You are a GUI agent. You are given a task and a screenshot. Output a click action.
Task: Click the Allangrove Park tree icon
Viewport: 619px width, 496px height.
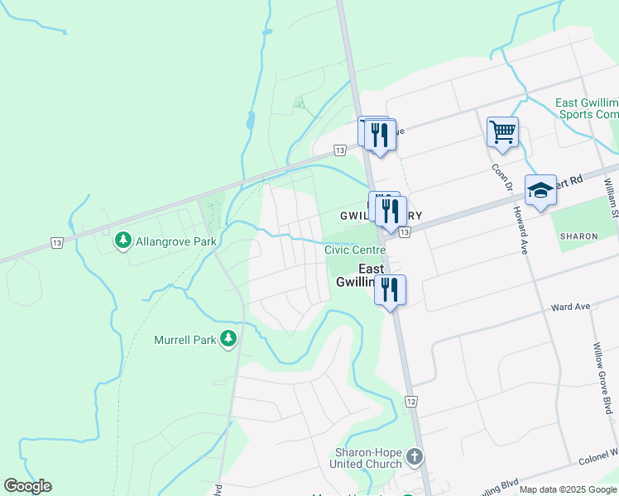click(x=123, y=241)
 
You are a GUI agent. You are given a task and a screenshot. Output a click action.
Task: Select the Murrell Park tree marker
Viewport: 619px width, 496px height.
click(x=229, y=339)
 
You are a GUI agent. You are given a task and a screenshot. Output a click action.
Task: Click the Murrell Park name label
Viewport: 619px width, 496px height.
click(x=184, y=339)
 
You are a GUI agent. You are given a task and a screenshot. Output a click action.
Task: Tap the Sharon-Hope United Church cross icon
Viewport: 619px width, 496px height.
click(x=415, y=456)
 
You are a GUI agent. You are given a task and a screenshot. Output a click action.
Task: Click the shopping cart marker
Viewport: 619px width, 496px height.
click(x=502, y=131)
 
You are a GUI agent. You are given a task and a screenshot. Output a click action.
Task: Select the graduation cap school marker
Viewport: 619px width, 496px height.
click(x=540, y=190)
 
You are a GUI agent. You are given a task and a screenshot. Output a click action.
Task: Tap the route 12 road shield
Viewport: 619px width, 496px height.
click(x=410, y=401)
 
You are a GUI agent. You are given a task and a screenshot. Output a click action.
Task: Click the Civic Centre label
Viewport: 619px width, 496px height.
click(x=355, y=250)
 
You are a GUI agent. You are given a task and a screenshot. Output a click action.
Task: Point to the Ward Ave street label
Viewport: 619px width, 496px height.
click(x=571, y=307)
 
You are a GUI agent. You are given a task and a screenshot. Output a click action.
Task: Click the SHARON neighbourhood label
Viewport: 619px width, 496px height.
click(x=578, y=236)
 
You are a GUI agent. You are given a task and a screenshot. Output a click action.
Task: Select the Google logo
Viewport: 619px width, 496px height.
click(x=27, y=486)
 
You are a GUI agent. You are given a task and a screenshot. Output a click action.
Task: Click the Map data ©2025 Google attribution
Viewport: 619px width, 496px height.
click(x=568, y=489)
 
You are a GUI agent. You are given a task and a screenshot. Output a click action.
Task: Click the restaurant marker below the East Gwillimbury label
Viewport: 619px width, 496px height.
click(x=390, y=290)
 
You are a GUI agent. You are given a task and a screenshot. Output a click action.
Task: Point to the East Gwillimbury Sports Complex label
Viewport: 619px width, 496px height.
click(x=588, y=108)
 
